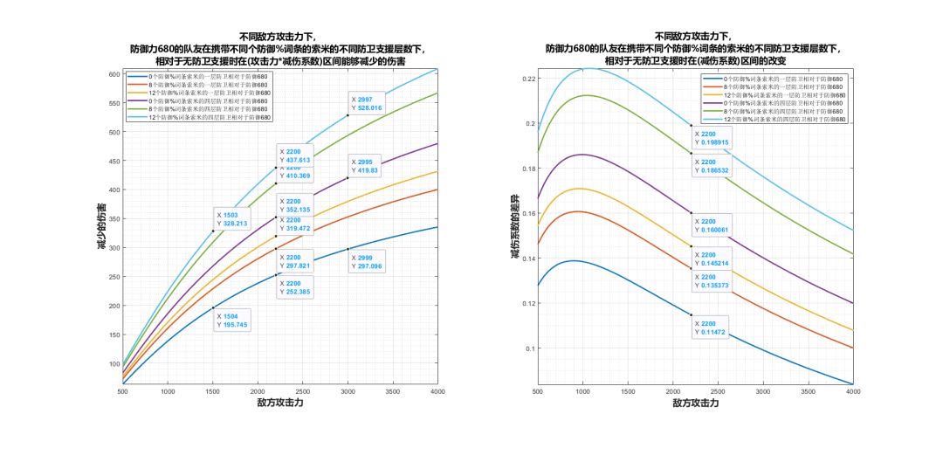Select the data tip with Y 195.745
[231, 320]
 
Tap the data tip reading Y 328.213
[231, 219]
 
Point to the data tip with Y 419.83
[367, 166]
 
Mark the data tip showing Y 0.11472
[710, 328]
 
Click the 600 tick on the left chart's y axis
[113, 74]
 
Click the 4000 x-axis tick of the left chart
[437, 391]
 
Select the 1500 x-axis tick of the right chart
[628, 391]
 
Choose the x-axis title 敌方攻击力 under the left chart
[280, 403]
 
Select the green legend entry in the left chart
[201, 108]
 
